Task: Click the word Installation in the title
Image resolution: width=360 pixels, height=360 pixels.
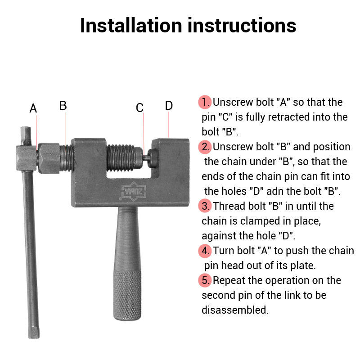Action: coord(131,25)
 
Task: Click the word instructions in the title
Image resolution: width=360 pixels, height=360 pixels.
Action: coord(242,25)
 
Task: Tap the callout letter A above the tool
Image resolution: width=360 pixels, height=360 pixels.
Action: coord(33,108)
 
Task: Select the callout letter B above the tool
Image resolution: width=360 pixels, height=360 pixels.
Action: coord(63,106)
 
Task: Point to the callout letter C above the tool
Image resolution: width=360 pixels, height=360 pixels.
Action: coord(139,108)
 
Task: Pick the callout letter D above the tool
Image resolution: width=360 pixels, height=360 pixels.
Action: coord(169,106)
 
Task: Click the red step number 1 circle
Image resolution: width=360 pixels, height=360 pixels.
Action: coord(205,102)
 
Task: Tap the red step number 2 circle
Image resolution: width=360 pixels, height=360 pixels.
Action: coord(205,147)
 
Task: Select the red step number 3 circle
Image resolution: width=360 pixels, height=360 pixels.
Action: coord(205,206)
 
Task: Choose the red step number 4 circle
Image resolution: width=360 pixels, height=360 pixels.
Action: coord(205,251)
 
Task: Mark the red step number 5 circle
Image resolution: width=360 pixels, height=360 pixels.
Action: coord(205,280)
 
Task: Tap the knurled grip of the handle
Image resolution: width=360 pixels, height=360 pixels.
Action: coord(127,295)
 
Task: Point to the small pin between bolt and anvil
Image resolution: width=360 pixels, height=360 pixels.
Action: coord(146,158)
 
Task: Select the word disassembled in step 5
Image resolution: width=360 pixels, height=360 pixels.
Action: coord(235,310)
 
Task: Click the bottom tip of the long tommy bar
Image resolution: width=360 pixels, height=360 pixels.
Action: coord(34,337)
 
